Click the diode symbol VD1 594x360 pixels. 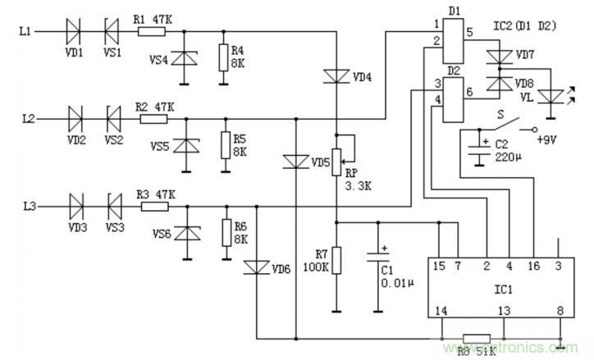click(74, 32)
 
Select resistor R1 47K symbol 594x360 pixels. click(152, 32)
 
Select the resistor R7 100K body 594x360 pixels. click(336, 262)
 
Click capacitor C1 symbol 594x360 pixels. click(377, 253)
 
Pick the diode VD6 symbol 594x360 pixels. click(257, 267)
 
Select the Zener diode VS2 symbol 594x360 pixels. click(112, 118)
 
